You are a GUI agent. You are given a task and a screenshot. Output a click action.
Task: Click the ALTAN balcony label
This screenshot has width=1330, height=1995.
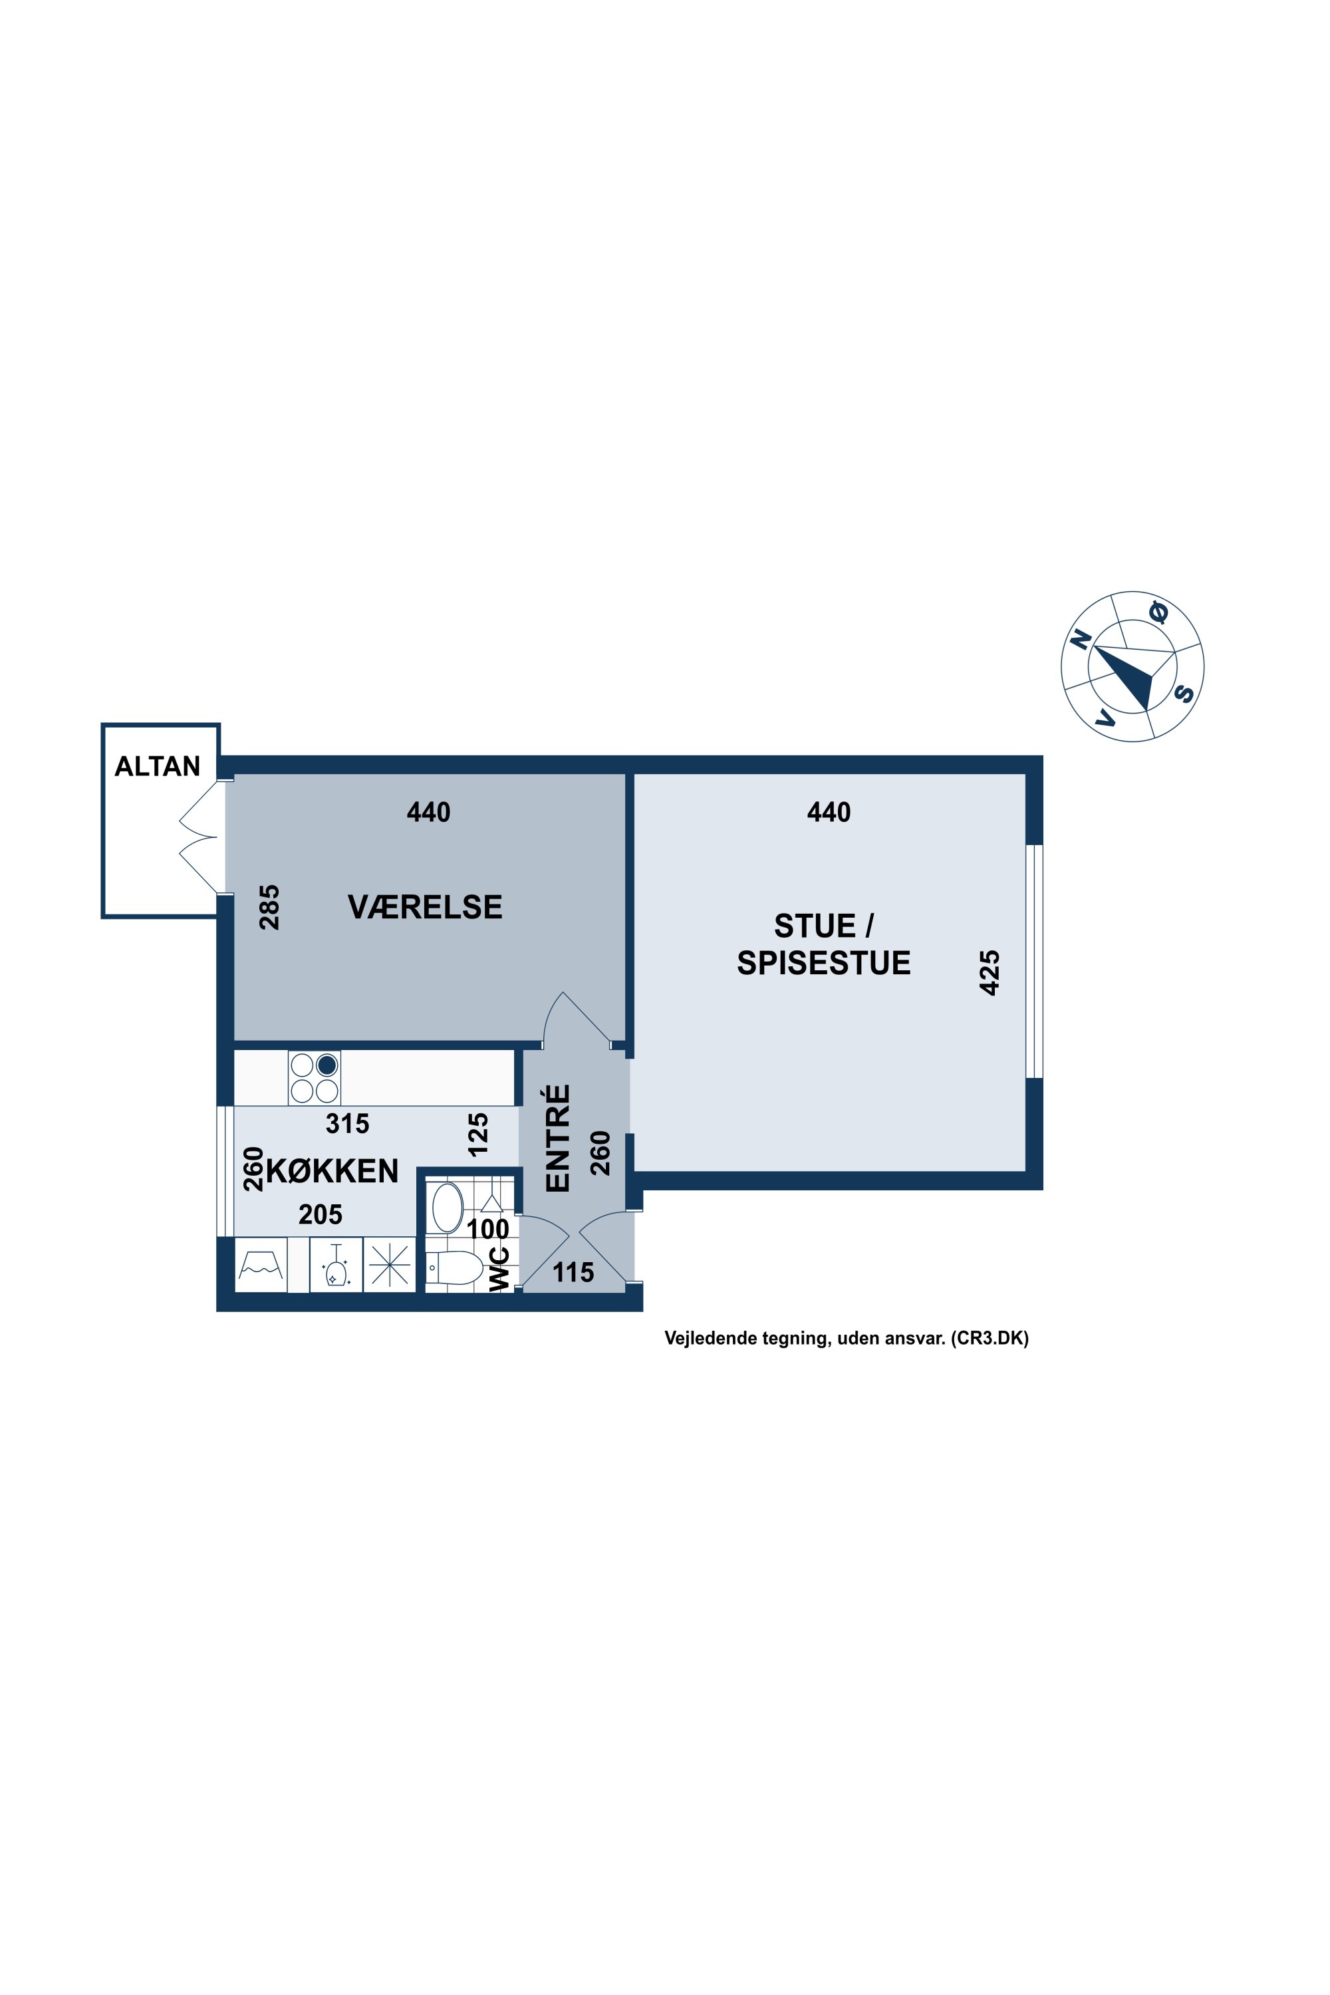click(158, 766)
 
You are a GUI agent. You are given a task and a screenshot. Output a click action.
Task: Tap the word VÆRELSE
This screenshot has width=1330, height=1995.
click(425, 907)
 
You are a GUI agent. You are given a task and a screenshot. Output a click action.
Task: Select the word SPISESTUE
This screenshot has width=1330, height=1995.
click(824, 963)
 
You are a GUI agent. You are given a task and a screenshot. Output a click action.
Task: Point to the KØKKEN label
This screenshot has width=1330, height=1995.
click(332, 1170)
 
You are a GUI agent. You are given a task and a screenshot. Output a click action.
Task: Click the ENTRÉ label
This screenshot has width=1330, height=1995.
click(557, 1138)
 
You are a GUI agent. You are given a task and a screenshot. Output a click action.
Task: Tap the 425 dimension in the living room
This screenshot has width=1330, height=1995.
click(989, 972)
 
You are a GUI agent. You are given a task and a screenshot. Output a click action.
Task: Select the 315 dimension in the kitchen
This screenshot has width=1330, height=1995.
click(348, 1124)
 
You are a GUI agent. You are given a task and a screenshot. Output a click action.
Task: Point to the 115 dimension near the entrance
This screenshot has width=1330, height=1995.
click(573, 1272)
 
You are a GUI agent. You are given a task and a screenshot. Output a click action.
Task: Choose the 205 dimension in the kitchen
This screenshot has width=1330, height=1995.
click(321, 1215)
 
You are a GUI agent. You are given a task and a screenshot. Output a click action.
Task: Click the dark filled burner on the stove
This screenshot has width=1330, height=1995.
click(327, 1065)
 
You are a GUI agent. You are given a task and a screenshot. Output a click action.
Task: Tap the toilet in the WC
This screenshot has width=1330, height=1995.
click(454, 1268)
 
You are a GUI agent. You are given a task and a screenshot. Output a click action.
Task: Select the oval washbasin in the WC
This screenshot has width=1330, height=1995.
click(448, 1207)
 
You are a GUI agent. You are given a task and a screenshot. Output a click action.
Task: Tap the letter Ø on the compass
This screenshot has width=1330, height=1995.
click(1158, 612)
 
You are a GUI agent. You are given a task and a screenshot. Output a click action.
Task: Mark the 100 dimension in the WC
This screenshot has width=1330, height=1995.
click(487, 1229)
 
